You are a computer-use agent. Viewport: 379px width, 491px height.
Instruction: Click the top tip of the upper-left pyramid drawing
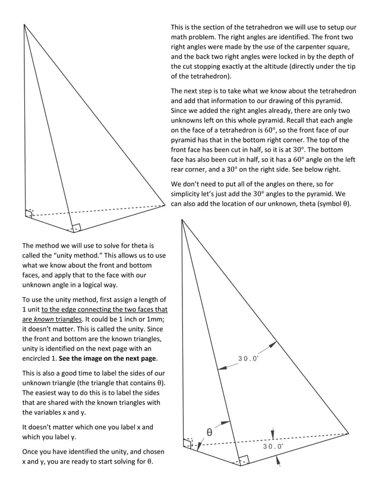(24, 24)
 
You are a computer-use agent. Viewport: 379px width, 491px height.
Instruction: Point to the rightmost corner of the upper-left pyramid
(165, 204)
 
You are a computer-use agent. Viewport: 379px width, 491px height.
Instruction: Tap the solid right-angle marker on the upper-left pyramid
(76, 228)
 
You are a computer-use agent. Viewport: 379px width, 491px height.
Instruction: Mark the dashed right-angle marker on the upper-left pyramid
(29, 213)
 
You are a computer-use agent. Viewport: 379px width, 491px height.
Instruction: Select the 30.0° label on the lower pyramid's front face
(248, 358)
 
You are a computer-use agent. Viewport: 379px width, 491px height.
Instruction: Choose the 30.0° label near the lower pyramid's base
(273, 446)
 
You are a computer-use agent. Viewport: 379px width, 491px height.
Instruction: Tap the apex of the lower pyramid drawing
(182, 219)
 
